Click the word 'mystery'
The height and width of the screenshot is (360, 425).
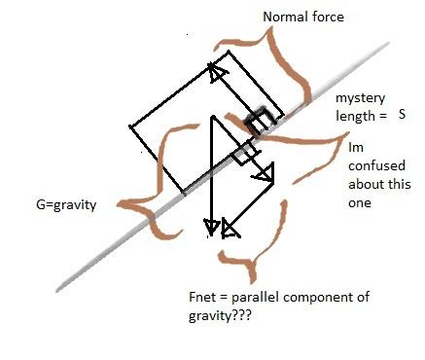(x=359, y=99)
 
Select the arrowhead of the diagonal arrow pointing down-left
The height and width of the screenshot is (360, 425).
(x=230, y=229)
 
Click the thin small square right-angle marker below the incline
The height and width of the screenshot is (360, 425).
(x=243, y=153)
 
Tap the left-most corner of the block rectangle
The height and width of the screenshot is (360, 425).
(x=131, y=126)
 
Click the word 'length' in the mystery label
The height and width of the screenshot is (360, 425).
(x=355, y=115)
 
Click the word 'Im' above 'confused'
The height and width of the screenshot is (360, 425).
(x=356, y=149)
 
